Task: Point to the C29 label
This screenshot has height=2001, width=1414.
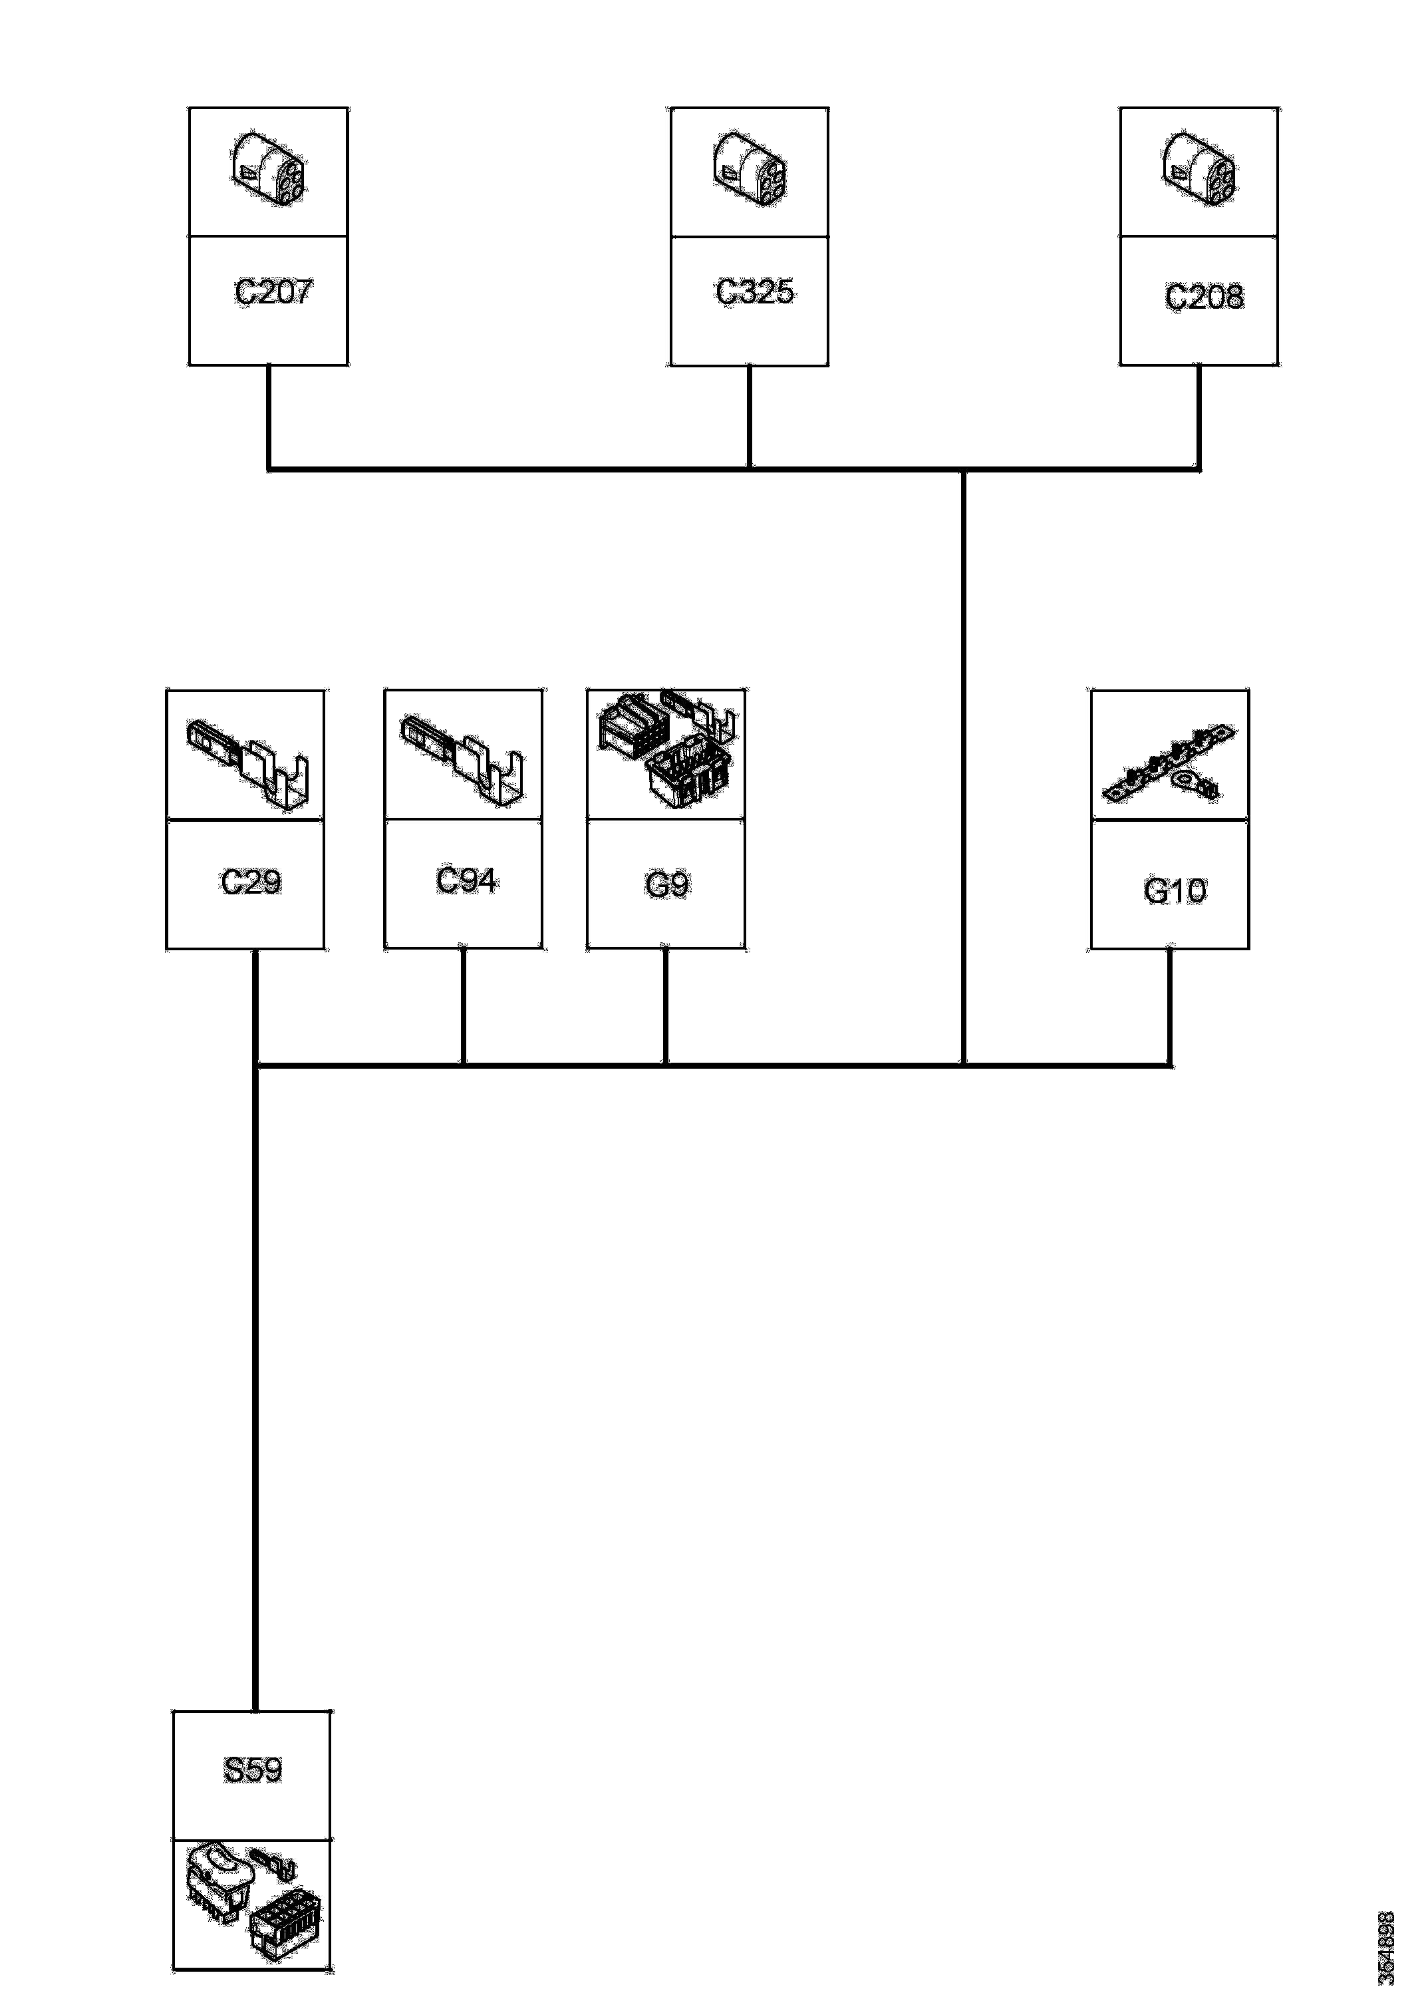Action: click(x=251, y=883)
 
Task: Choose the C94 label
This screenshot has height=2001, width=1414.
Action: click(x=466, y=880)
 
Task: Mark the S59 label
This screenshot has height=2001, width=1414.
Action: click(x=253, y=1770)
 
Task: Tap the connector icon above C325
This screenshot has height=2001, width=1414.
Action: click(x=750, y=170)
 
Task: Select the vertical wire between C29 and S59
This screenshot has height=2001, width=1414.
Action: click(x=255, y=1394)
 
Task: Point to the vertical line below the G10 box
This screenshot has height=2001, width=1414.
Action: click(x=1169, y=1007)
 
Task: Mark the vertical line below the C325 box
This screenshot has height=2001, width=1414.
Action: click(x=750, y=417)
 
